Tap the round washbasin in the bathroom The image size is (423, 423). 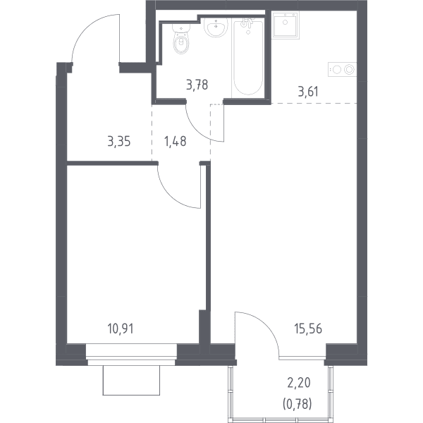point(215,27)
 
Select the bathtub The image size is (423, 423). point(248,58)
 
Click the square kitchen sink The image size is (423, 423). point(286,25)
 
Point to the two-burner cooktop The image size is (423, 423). point(343,69)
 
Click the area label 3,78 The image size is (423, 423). point(197,85)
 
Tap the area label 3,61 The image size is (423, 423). point(308,92)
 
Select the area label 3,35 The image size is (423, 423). point(119,142)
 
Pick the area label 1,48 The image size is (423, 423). point(176,142)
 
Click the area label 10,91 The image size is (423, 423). point(121,329)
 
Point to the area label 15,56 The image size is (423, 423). point(308,329)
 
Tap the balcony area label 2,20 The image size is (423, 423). point(299,383)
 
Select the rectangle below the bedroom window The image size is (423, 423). point(131,381)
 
